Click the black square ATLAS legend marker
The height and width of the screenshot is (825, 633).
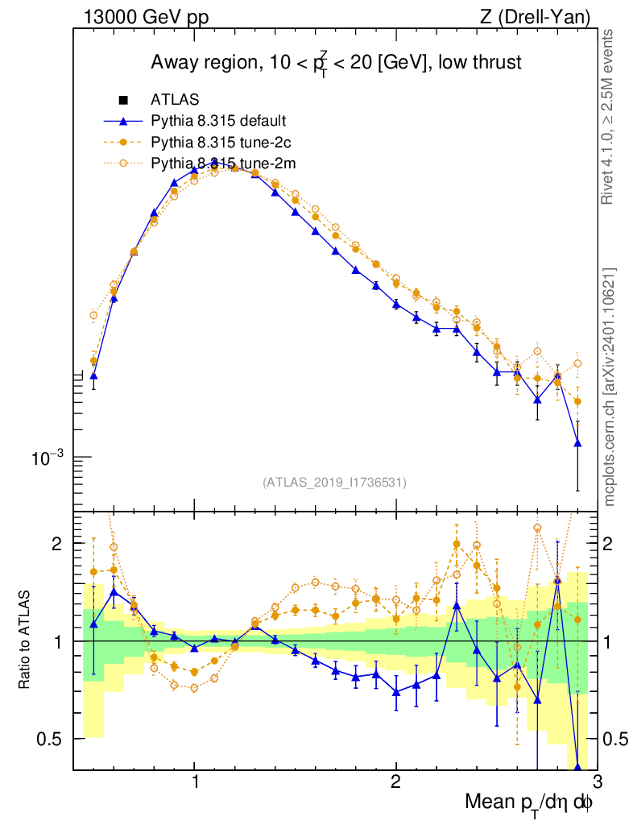point(123,101)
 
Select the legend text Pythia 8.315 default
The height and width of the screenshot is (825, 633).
point(218,122)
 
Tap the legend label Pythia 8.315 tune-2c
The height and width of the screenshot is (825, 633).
point(219,143)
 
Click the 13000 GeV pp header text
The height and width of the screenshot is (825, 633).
point(146,17)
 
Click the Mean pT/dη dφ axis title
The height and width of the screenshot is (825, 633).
point(528,804)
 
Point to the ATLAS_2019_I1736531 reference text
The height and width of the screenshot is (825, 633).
point(334,483)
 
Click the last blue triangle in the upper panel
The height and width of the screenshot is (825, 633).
point(577,443)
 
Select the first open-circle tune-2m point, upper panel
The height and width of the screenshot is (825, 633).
point(93,315)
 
